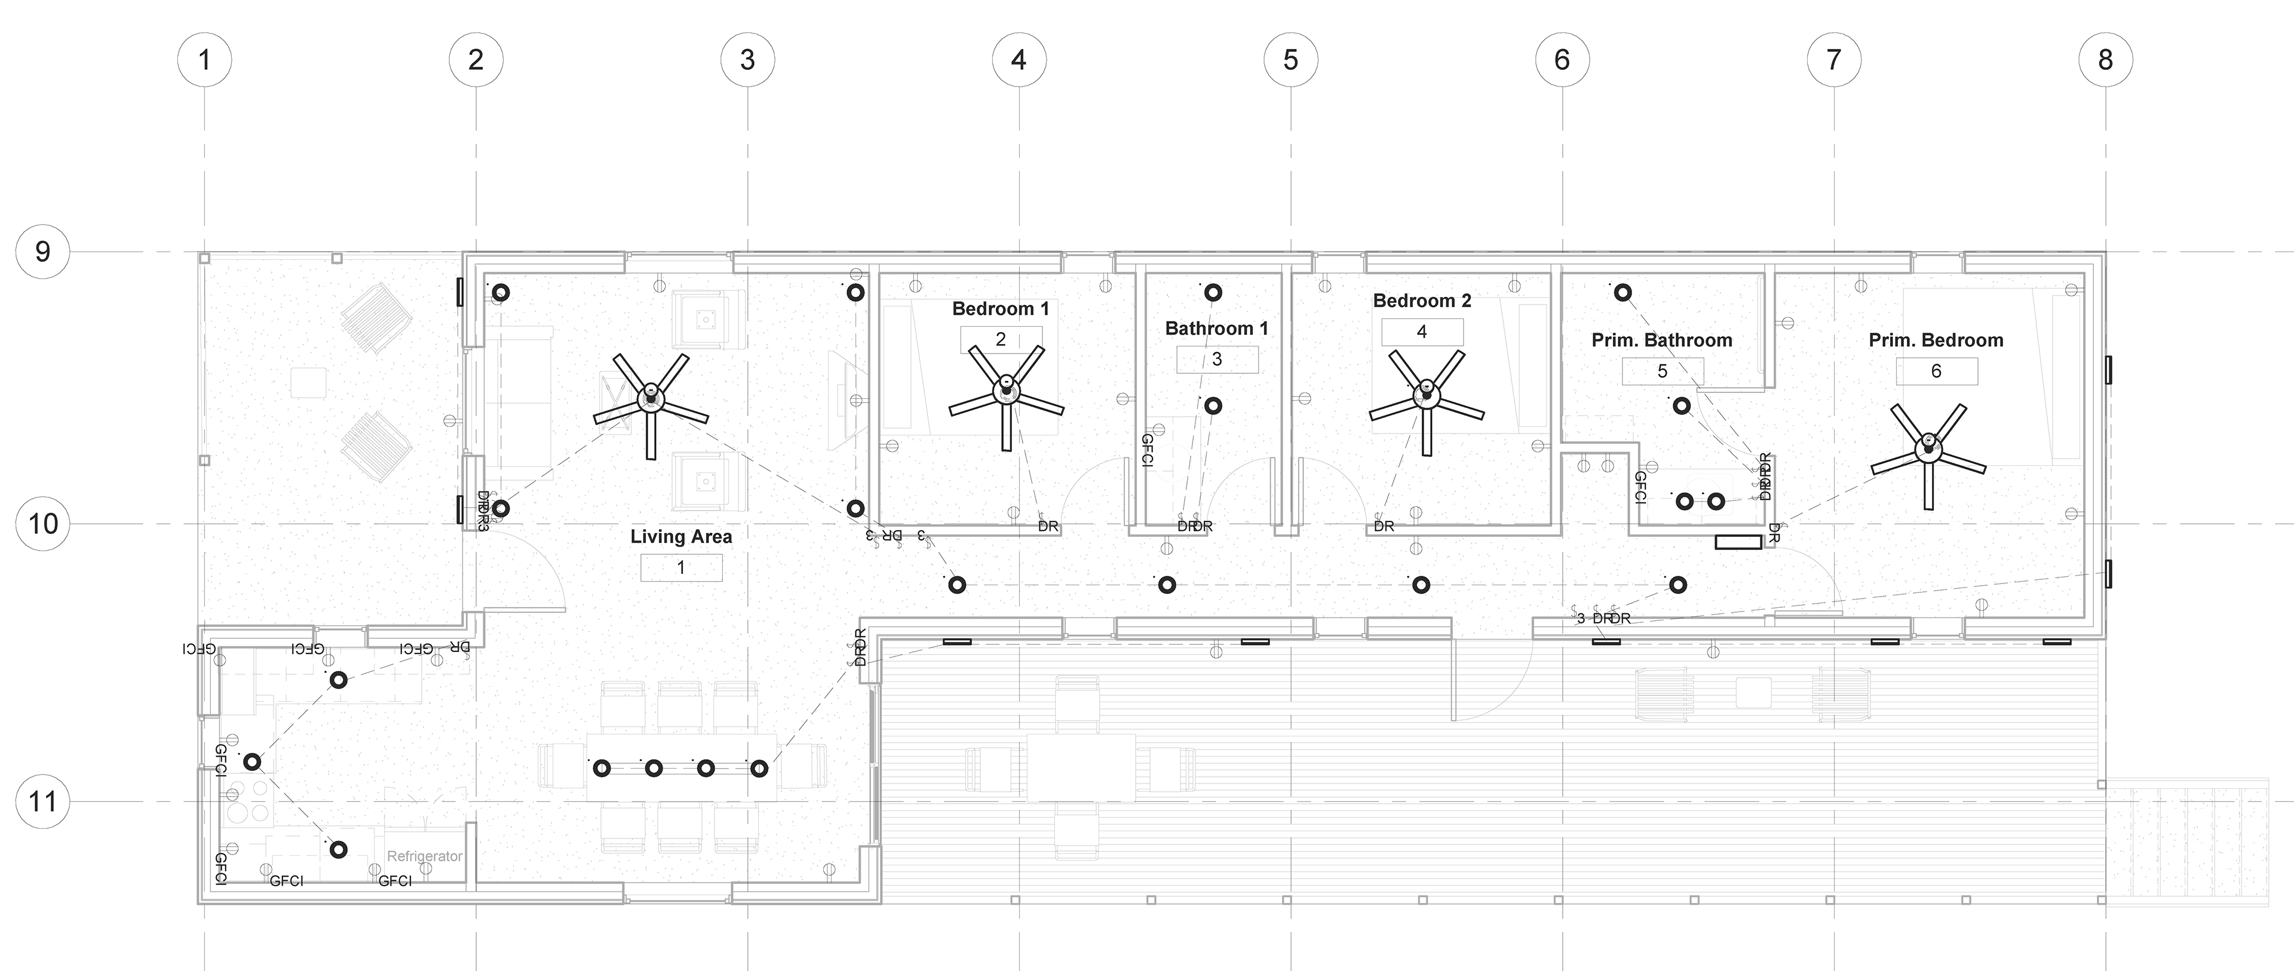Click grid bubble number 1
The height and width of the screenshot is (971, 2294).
[x=205, y=60]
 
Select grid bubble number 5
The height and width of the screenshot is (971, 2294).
[x=1290, y=60]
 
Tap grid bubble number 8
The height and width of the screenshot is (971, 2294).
[x=2105, y=60]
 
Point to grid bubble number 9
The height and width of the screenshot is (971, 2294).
[x=43, y=252]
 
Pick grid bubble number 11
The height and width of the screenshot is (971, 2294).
[x=43, y=802]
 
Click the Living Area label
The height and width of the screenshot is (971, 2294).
[x=681, y=537]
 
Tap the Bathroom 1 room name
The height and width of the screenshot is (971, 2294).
[x=1216, y=328]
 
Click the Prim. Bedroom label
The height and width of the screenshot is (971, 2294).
[x=1936, y=340]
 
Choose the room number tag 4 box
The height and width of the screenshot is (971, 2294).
[x=1422, y=332]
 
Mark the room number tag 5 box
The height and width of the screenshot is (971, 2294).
[x=1662, y=371]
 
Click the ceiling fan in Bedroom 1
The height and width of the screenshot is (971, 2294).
[x=1006, y=392]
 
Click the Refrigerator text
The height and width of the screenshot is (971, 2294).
[x=425, y=856]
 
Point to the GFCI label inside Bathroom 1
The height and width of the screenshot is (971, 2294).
[x=1148, y=451]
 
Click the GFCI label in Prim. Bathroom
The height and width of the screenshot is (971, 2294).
[x=1640, y=488]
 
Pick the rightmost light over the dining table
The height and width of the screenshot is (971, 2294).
[x=759, y=768]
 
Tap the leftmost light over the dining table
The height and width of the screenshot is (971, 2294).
[x=602, y=768]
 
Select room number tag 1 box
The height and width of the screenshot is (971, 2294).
[x=681, y=568]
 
